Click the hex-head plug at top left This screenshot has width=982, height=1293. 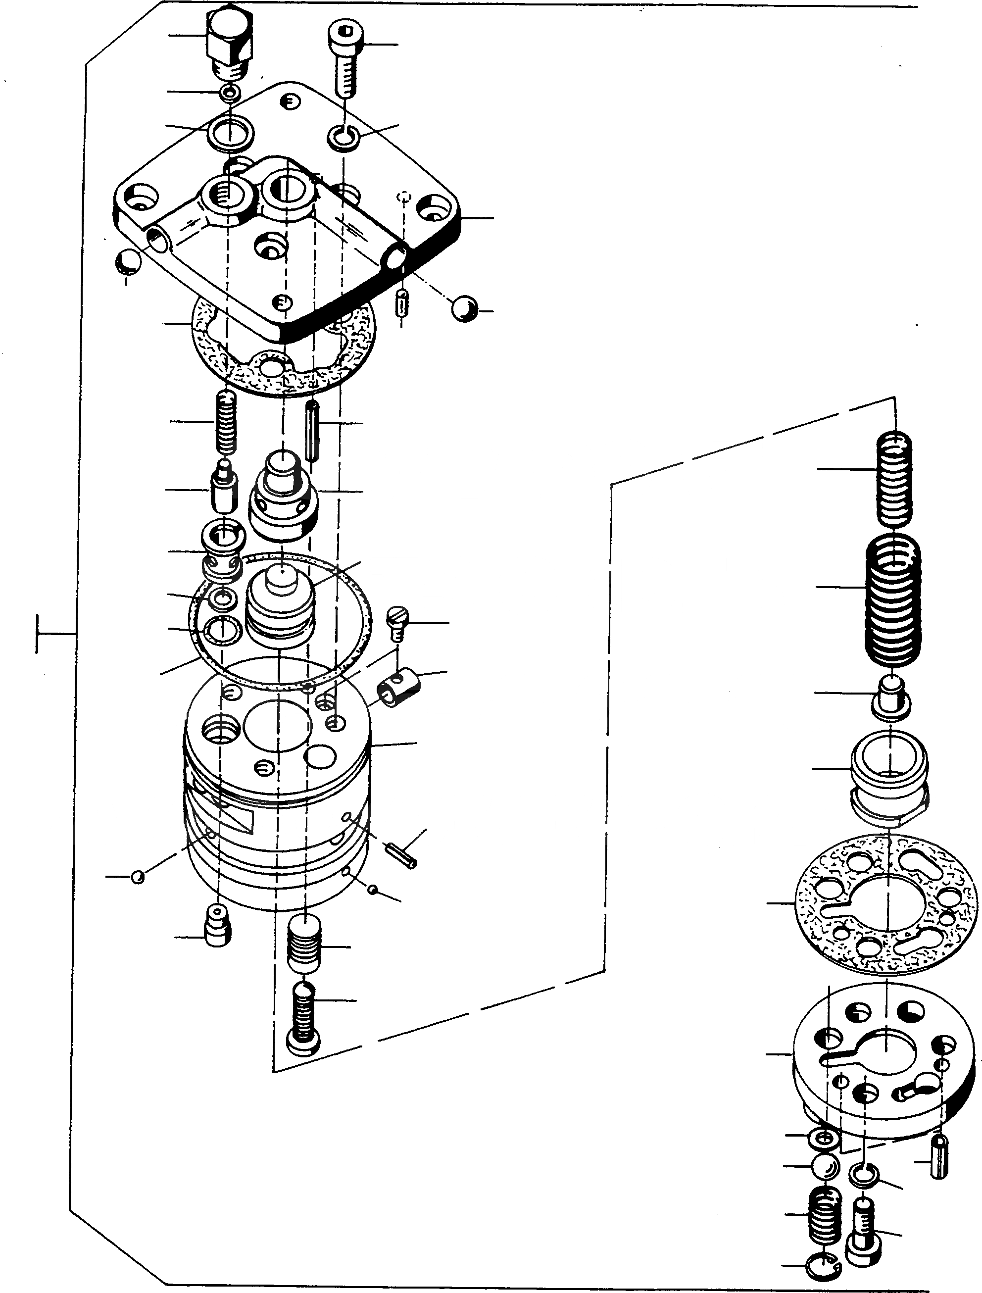tap(230, 38)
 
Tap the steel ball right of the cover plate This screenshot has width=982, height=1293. tap(465, 308)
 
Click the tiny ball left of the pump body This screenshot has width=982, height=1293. tap(138, 877)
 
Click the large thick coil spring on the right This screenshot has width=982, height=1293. tap(892, 601)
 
